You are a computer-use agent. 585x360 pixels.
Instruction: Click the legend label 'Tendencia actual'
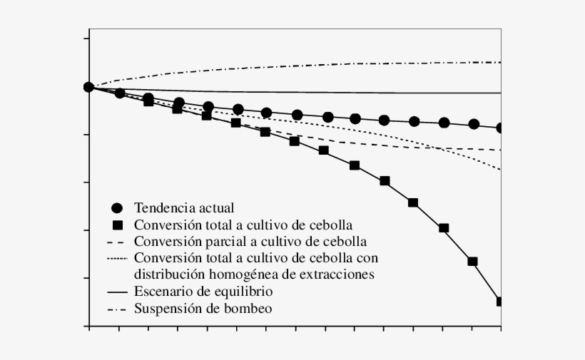(x=184, y=208)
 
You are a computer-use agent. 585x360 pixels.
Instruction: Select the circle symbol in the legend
(x=118, y=209)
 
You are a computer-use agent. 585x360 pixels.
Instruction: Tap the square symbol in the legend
(x=118, y=225)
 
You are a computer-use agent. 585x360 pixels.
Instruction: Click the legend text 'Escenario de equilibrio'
(x=203, y=292)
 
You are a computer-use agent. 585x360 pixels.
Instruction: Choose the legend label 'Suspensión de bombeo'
(x=203, y=309)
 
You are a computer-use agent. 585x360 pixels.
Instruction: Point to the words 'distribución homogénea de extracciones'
(x=255, y=274)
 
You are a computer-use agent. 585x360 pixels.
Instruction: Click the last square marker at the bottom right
(x=500, y=302)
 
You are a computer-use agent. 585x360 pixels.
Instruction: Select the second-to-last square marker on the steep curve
(x=472, y=261)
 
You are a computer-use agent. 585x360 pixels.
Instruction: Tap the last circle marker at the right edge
(x=501, y=128)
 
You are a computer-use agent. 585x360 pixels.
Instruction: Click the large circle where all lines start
(x=88, y=87)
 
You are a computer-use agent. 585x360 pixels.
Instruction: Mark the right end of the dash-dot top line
(x=501, y=63)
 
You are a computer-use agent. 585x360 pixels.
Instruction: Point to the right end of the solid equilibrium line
(x=501, y=93)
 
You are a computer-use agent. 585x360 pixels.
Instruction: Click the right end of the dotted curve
(x=501, y=170)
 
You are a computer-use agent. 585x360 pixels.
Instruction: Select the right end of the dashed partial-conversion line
(x=501, y=150)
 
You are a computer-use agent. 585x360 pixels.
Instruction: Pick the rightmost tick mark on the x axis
(x=501, y=327)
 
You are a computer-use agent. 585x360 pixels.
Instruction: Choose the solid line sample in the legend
(x=118, y=292)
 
